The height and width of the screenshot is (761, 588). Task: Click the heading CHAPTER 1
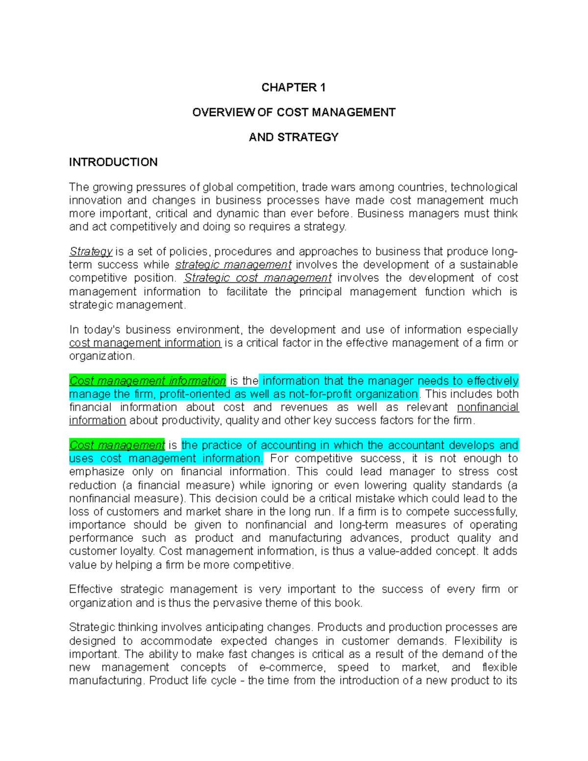click(x=293, y=88)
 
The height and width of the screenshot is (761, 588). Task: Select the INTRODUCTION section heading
click(x=113, y=162)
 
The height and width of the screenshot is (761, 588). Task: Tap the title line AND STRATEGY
click(x=294, y=137)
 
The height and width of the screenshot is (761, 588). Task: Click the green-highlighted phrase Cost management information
click(x=147, y=381)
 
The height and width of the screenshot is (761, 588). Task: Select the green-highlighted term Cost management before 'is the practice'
click(x=117, y=445)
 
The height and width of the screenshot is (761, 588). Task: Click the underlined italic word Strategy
click(x=91, y=251)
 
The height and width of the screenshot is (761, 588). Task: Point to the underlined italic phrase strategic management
click(x=233, y=265)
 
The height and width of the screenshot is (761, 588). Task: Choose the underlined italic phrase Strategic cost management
click(x=258, y=278)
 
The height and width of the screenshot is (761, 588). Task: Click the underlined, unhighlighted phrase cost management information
click(x=145, y=343)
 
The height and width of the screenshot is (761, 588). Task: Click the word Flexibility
click(x=478, y=641)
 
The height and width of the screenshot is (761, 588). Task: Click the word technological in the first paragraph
click(x=484, y=187)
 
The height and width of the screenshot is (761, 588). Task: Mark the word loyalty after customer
click(x=137, y=551)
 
